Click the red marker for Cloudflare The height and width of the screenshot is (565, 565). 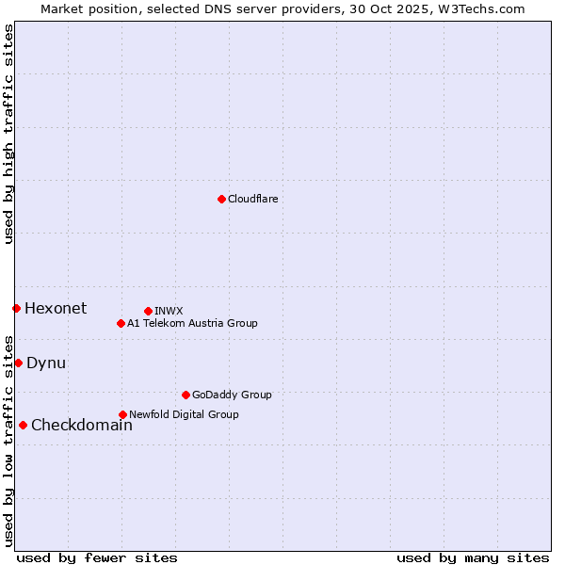tap(221, 199)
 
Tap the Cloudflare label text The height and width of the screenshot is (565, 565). tap(252, 199)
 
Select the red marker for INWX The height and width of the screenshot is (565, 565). tap(148, 311)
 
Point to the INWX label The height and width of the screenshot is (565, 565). tap(169, 311)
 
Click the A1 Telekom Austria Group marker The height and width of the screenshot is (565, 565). tap(121, 323)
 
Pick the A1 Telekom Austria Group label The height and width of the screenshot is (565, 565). tap(192, 323)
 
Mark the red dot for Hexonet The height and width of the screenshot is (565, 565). tap(16, 308)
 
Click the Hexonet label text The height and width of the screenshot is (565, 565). tap(56, 308)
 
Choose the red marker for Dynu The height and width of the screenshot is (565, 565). tap(18, 363)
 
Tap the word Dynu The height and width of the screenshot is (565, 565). tap(46, 363)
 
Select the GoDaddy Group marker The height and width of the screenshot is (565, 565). tap(186, 395)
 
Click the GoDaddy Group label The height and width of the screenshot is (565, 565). tap(232, 395)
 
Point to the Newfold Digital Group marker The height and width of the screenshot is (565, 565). tap(122, 414)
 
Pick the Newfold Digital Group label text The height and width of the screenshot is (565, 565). tap(184, 414)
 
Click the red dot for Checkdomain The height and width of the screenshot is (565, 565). tap(23, 425)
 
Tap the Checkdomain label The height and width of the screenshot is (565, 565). tap(82, 425)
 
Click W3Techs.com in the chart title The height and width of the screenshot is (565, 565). tap(486, 8)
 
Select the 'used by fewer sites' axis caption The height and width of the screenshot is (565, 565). tap(97, 557)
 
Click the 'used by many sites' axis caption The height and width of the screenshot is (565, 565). tap(473, 557)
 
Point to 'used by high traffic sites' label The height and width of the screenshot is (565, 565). tap(8, 134)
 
